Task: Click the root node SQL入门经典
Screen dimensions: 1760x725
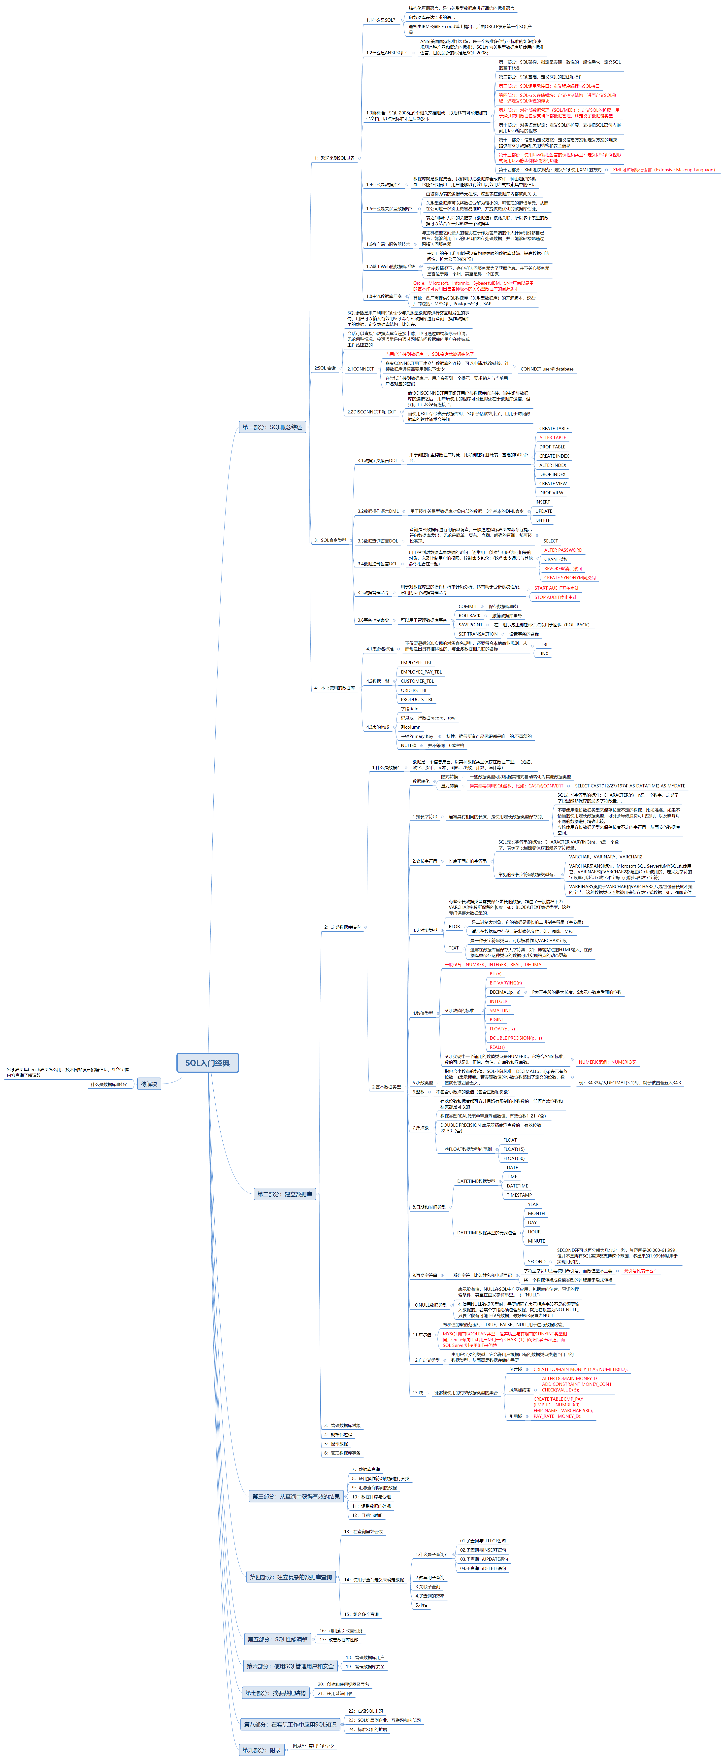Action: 208,1062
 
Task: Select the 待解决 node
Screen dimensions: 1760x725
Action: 149,1083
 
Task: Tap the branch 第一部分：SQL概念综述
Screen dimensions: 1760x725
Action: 272,427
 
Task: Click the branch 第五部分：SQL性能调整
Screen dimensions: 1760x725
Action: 277,1639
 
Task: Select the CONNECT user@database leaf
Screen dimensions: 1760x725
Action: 547,369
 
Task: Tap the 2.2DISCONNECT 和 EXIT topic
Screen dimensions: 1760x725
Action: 371,412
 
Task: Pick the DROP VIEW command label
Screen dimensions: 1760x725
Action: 551,493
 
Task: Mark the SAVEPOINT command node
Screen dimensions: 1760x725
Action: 470,624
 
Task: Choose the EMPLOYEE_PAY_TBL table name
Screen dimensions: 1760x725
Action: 421,672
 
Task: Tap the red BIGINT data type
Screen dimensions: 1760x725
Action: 497,1019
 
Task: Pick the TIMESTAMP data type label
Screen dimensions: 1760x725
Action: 519,1195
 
